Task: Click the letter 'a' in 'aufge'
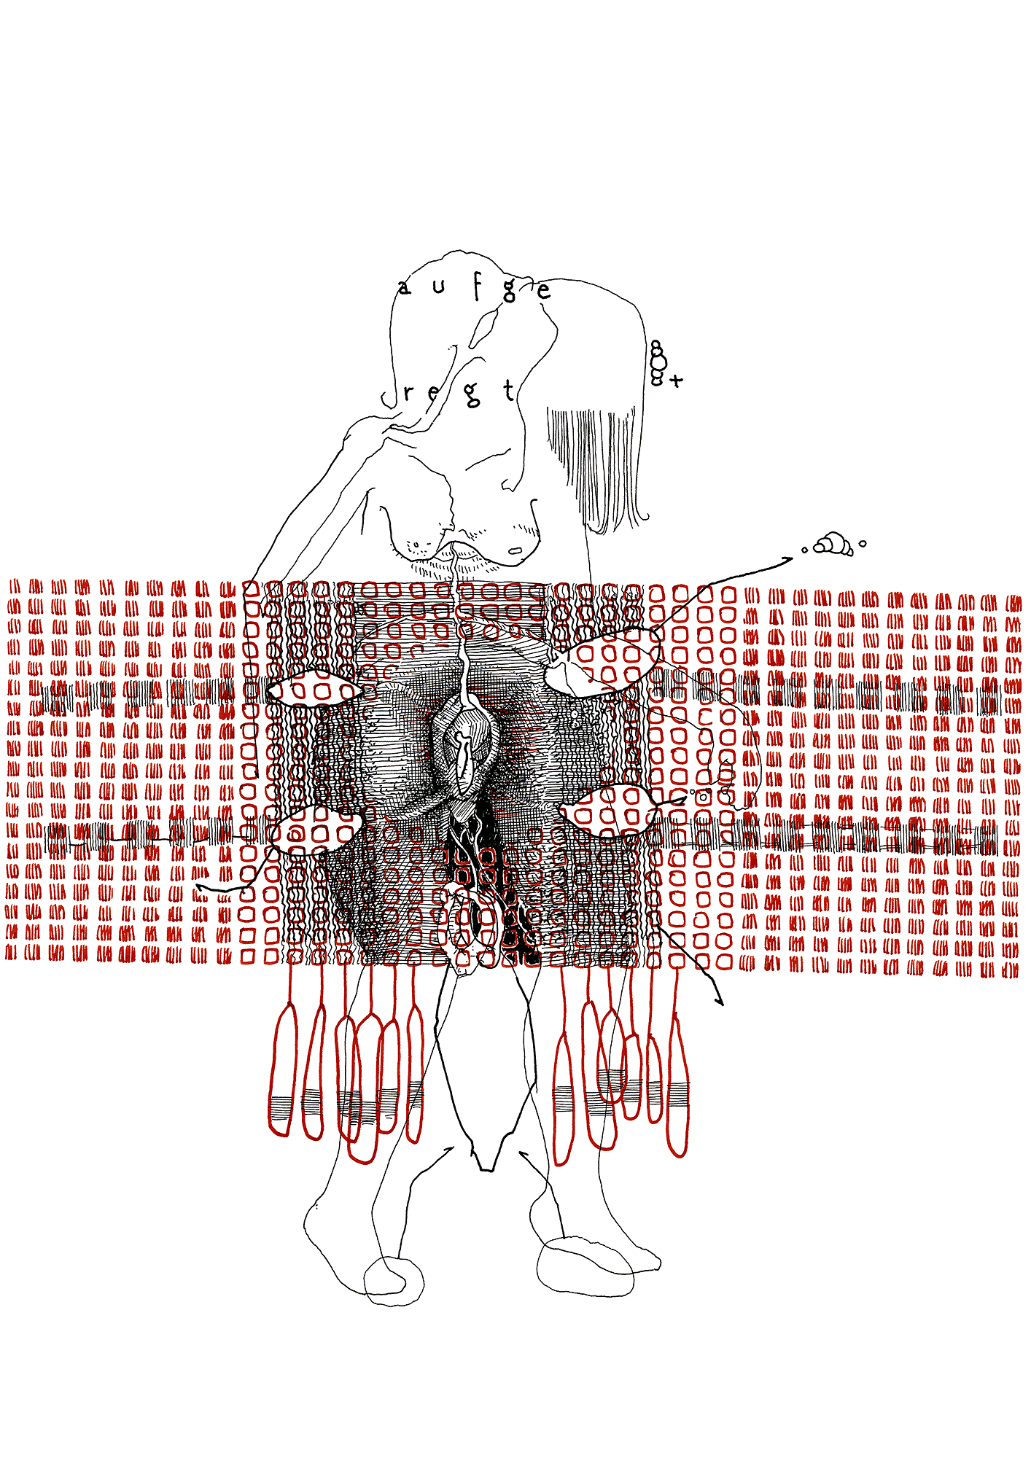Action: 404,289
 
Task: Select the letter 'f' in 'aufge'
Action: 476,286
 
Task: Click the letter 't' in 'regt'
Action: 510,391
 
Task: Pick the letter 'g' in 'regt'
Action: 472,394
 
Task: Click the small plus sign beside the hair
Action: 677,380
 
